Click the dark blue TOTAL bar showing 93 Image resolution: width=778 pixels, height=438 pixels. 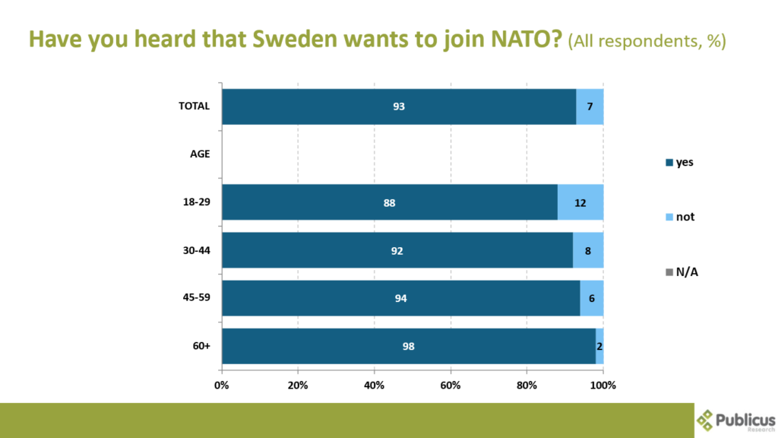coord(399,106)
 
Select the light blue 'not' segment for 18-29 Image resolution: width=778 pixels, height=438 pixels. coord(580,202)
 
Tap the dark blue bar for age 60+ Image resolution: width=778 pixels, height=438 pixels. coord(408,346)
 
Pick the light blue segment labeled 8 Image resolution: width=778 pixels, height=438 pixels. coord(588,250)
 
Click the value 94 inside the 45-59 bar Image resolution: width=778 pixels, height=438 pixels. coord(401,298)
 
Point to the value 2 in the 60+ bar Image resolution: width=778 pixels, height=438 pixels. coord(599,347)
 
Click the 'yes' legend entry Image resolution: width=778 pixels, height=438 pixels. coord(680,162)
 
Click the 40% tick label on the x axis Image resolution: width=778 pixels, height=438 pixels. coord(375,385)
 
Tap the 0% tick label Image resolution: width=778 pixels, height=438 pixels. coord(222,385)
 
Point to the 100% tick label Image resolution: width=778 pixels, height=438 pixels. coord(603,385)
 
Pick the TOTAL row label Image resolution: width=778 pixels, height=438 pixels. coord(194,106)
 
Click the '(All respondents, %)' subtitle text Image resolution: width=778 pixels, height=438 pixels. coord(647,41)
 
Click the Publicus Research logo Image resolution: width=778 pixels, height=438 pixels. coord(735,421)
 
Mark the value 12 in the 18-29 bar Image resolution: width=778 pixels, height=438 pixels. coord(580,203)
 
